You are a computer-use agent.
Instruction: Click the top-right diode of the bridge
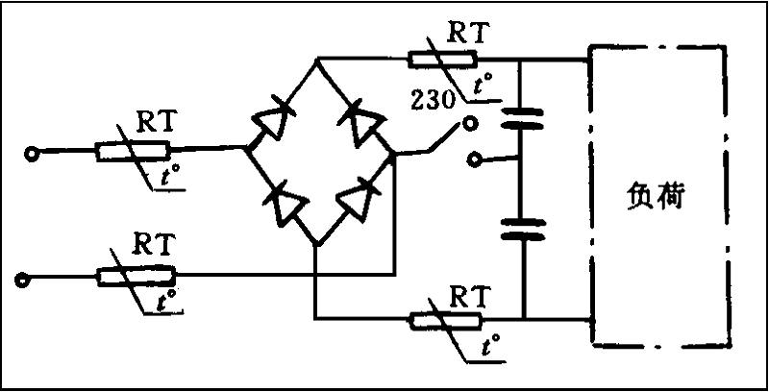tap(363, 119)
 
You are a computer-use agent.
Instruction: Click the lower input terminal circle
tap(21, 280)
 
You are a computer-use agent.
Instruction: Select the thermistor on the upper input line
tap(133, 150)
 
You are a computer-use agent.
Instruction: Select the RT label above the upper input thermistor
tap(156, 121)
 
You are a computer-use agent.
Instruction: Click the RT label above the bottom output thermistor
tap(469, 290)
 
